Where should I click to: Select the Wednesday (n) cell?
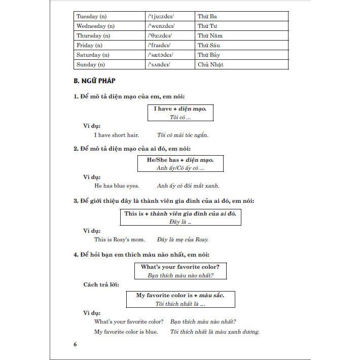coord(95,26)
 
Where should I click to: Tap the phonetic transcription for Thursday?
coord(160,35)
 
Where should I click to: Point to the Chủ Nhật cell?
coord(210,64)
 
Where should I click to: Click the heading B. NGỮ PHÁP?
coord(95,81)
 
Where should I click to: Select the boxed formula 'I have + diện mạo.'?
coord(180,113)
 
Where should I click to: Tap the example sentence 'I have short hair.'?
coord(117,135)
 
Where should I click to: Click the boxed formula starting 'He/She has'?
coord(180,163)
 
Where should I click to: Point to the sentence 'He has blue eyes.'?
coord(117,186)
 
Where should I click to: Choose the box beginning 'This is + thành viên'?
coord(180,217)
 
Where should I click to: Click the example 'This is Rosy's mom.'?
coord(120,239)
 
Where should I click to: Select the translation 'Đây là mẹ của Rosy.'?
coord(183,239)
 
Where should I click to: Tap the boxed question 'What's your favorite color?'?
coord(180,271)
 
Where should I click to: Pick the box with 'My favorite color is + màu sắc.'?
coord(180,299)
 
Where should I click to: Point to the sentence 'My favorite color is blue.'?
coord(126,332)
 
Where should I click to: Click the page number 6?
coord(76,345)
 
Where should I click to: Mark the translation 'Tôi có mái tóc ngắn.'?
coord(183,135)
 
